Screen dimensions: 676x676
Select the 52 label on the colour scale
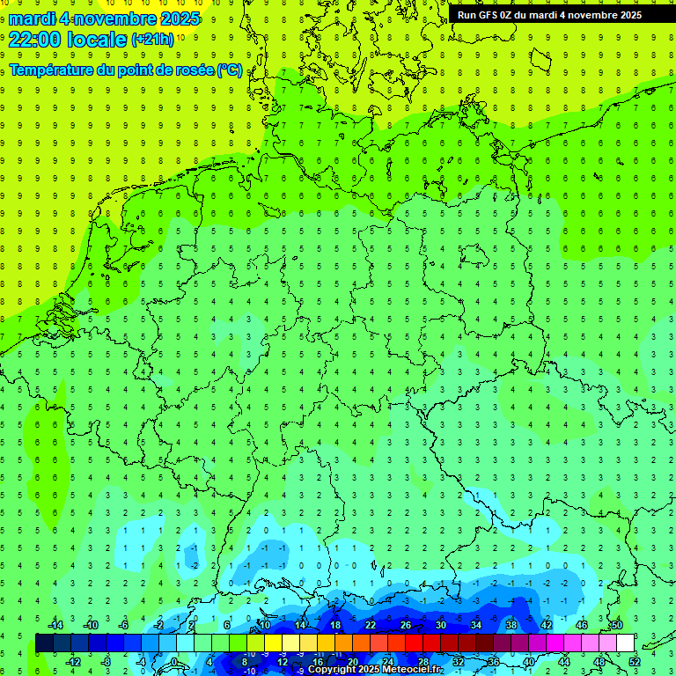pos(635,662)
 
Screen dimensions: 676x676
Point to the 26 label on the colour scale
pos(406,625)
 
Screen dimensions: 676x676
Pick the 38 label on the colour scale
pos(511,625)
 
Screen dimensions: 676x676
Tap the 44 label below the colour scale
pos(564,662)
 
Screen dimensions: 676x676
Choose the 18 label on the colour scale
pos(335,625)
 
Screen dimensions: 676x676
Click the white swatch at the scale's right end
pos(626,643)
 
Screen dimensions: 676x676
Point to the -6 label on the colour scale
pos(123,625)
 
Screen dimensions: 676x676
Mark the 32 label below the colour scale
pos(459,662)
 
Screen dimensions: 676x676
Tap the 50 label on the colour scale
pos(617,625)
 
